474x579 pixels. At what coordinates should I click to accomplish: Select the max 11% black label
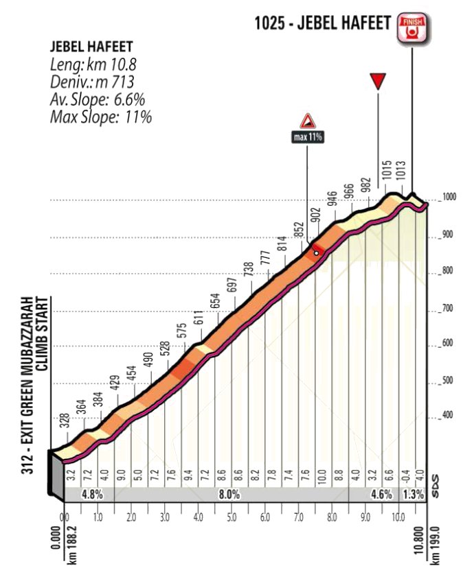pyautogui.click(x=308, y=137)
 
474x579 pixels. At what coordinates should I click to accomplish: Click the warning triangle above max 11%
pyautogui.click(x=308, y=121)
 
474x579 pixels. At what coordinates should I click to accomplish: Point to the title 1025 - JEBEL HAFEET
pyautogui.click(x=323, y=23)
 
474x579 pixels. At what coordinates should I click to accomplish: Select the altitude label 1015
pyautogui.click(x=387, y=171)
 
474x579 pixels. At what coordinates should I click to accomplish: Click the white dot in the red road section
pyautogui.click(x=316, y=253)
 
